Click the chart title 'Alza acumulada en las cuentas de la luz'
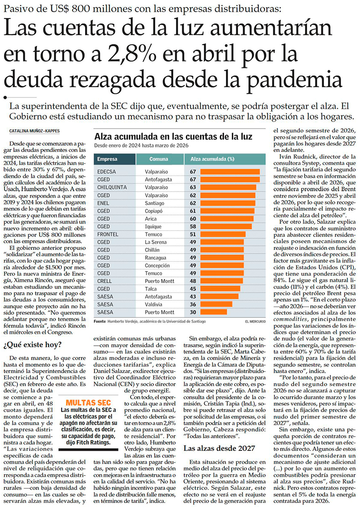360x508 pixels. (x=173, y=137)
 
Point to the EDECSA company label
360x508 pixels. (x=107, y=172)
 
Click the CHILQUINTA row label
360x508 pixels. (x=112, y=187)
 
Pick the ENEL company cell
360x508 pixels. (x=104, y=203)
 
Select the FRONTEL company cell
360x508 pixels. (x=108, y=234)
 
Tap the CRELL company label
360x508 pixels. (x=105, y=281)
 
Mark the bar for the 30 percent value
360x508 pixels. (x=213, y=312)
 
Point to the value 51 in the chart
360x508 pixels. (x=192, y=234)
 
